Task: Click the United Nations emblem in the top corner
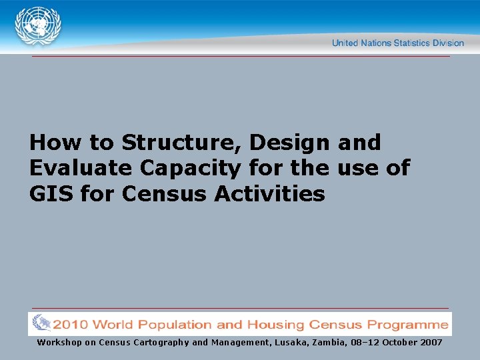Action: click(x=38, y=26)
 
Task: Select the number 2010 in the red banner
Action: click(x=71, y=325)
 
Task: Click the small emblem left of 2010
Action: click(x=41, y=324)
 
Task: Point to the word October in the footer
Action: click(x=394, y=342)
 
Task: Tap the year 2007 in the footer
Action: click(x=431, y=342)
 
